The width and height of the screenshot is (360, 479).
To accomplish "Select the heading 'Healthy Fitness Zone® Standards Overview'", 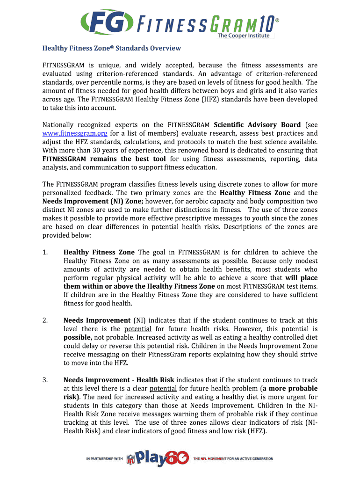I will click(111, 48).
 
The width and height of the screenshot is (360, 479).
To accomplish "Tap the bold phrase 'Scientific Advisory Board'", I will click(257, 125).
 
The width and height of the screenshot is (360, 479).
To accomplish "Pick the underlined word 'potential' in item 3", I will click(163, 389).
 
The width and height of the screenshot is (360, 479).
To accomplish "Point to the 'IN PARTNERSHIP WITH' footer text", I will click(104, 459).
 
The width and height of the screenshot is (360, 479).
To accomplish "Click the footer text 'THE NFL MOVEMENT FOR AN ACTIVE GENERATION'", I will click(233, 459).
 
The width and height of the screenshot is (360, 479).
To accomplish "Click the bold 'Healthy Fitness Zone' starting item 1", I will click(99, 253).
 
